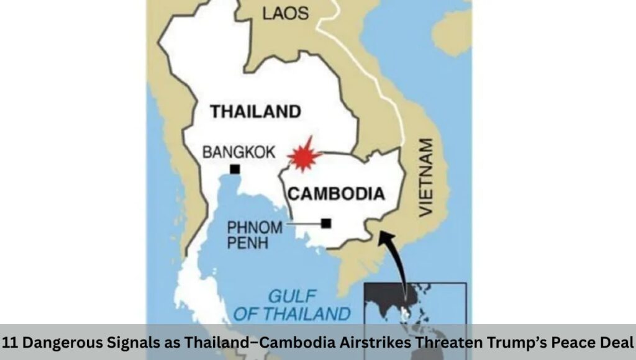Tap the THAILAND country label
[x=255, y=112]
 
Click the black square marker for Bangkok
[x=235, y=169]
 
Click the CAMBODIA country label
[x=336, y=194]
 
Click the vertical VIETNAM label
[x=425, y=177]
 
